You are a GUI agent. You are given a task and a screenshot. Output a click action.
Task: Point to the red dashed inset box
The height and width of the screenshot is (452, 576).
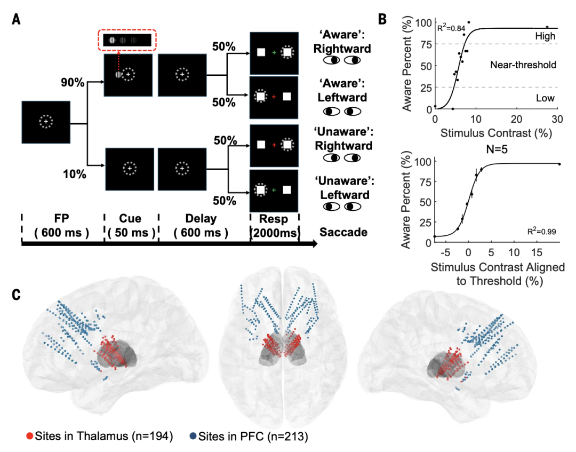(x=127, y=40)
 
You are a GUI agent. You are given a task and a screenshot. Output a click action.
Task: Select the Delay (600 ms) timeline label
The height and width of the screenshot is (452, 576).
(x=202, y=226)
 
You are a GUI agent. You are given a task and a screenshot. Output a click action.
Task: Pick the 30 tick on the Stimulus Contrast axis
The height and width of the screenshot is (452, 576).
(x=557, y=118)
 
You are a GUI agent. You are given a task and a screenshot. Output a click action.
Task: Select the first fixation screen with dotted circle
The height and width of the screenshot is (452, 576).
(x=46, y=122)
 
